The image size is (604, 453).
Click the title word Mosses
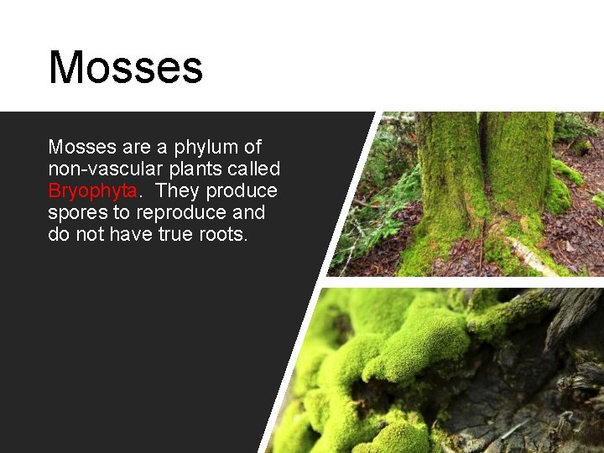coord(126,67)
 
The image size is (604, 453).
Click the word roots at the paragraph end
coord(224,235)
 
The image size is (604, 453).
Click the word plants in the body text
coord(190,169)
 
